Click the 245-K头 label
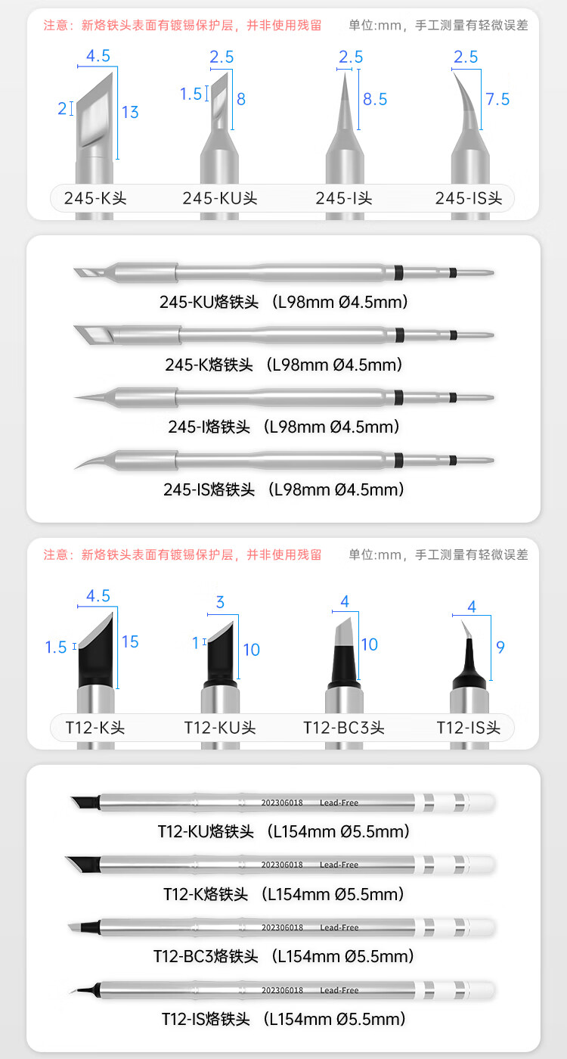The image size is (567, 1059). [95, 198]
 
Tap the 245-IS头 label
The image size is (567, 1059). [468, 198]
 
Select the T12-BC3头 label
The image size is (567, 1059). [343, 728]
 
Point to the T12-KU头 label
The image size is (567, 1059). [220, 728]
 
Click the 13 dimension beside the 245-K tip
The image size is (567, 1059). [130, 112]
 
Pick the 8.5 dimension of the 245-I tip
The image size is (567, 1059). [375, 99]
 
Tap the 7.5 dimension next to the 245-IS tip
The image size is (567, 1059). [497, 99]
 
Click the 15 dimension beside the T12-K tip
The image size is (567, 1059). [130, 641]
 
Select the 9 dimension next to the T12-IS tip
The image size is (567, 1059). [500, 647]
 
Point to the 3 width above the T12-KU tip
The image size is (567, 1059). [220, 602]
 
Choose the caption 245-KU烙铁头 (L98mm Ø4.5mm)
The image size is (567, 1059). [283, 302]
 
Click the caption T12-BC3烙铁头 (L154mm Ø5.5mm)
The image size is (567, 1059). [283, 956]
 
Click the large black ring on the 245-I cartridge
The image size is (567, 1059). [398, 398]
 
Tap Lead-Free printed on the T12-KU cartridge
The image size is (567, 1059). [339, 803]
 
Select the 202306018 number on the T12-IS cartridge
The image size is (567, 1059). [282, 990]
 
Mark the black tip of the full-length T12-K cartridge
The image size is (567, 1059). [84, 864]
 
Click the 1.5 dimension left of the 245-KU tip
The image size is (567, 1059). [191, 94]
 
